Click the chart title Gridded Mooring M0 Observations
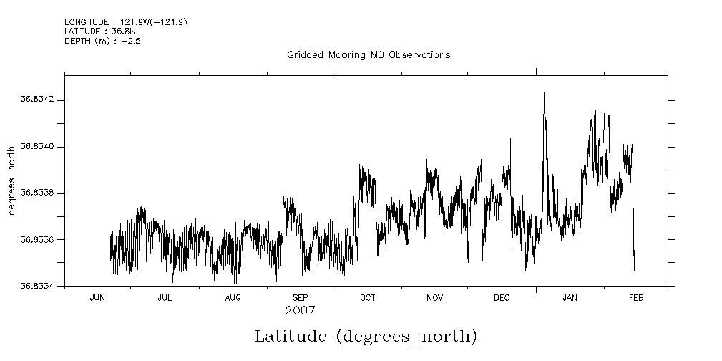tap(369, 55)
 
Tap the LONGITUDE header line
tap(125, 22)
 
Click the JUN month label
tap(97, 298)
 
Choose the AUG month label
tap(233, 298)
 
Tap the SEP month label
tap(300, 298)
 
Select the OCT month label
tap(367, 298)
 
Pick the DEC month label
tap(502, 298)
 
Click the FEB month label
tap(635, 298)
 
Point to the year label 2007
tap(300, 311)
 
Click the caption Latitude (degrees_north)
tap(366, 336)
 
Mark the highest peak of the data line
tap(544, 92)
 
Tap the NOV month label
tap(434, 298)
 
